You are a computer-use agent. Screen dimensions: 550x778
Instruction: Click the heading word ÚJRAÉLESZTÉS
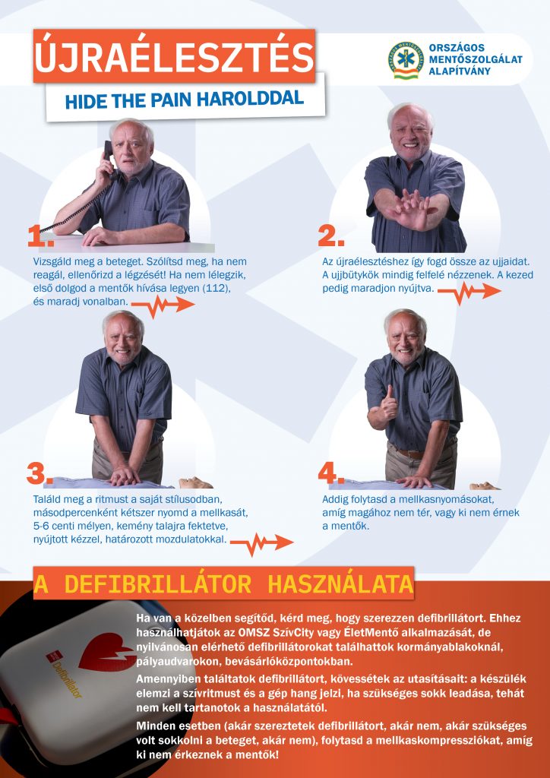tap(174, 57)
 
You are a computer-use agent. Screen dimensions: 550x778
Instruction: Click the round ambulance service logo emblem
tap(406, 60)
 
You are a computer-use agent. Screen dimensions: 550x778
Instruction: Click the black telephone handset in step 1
tap(108, 157)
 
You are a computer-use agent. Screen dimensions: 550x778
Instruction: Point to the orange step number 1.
tap(41, 236)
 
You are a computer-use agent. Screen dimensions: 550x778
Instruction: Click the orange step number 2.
tap(330, 237)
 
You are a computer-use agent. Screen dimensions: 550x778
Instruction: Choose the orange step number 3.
tap(40, 475)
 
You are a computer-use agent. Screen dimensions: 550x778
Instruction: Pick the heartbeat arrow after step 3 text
tap(262, 543)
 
